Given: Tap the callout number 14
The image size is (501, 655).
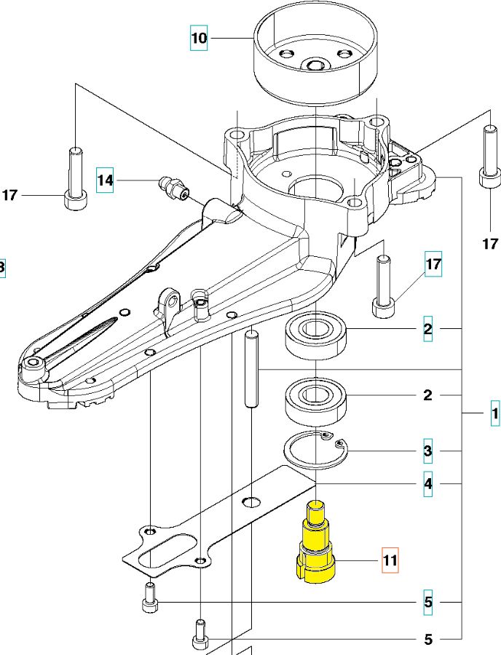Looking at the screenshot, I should click(x=106, y=179).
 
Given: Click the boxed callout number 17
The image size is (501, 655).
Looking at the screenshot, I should click(x=433, y=266).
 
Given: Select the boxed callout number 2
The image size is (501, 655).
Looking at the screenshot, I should click(x=427, y=331).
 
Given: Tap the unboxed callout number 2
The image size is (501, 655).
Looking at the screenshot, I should click(x=428, y=395).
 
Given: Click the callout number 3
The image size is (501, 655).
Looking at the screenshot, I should click(x=428, y=452).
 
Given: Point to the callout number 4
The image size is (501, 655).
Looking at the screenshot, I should click(x=428, y=484).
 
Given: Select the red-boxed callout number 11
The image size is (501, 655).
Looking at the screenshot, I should click(x=391, y=560).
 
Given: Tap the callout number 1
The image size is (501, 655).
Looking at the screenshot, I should click(x=494, y=415).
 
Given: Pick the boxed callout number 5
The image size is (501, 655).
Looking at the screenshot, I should click(x=428, y=602).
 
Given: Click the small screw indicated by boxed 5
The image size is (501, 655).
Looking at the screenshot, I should click(x=149, y=598).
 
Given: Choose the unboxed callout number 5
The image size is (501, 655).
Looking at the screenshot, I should click(x=428, y=640).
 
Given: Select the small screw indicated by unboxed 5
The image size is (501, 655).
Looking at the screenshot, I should click(x=200, y=633).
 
